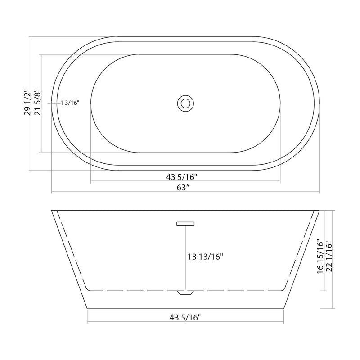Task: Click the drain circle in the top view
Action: coord(185,103)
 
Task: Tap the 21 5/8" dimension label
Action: coord(38,103)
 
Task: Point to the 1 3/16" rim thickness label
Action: coord(70,103)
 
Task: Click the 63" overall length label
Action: coord(182,188)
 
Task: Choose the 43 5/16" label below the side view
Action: coord(185,317)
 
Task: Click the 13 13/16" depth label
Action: coord(205,257)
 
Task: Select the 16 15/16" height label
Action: coord(320,256)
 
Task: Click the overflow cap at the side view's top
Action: coord(185,223)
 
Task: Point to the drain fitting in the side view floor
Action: coord(185,292)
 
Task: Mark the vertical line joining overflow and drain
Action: coord(185,265)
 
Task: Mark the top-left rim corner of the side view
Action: coord(52,210)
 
